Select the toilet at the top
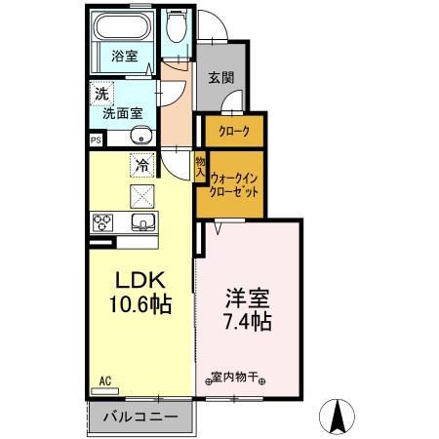[175, 27]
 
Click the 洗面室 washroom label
[124, 111]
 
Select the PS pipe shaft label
[95, 140]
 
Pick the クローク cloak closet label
[234, 131]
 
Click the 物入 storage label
[200, 167]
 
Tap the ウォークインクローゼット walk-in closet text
[234, 184]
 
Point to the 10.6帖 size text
[140, 305]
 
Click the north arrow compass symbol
[339, 417]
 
